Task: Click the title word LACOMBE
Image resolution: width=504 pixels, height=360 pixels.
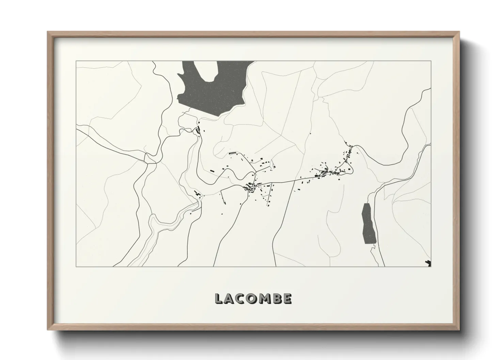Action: point(253,298)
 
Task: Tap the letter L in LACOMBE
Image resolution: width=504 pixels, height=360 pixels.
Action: point(219,298)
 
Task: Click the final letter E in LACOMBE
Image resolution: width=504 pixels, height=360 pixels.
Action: point(287,298)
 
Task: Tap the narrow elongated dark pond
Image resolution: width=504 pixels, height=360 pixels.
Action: point(367,223)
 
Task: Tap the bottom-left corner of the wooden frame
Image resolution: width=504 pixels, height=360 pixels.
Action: point(48,330)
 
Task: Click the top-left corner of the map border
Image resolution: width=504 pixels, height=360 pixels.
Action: point(76,61)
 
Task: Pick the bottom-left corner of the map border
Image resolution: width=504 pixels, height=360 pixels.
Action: point(76,266)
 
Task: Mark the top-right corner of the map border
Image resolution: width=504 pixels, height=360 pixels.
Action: point(431,61)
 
